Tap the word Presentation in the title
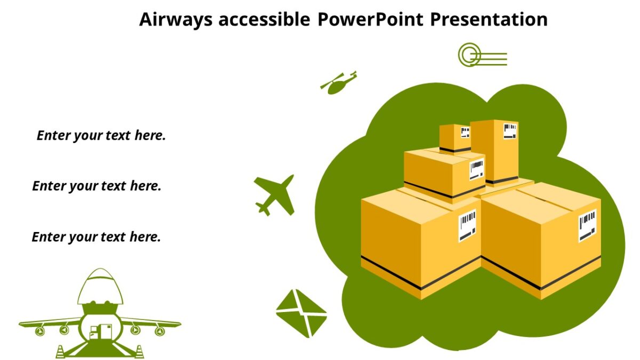click(489, 20)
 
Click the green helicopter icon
click(338, 83)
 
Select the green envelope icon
click(301, 313)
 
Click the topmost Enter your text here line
click(101, 135)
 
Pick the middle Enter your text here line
click(97, 186)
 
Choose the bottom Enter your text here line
click(96, 237)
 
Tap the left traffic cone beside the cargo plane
click(60, 351)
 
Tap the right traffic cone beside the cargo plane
click(139, 351)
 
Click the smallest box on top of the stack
click(454, 138)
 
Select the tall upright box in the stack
click(494, 151)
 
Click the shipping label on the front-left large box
click(467, 224)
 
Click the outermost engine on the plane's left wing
click(39, 331)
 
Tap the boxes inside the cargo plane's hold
click(101, 332)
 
